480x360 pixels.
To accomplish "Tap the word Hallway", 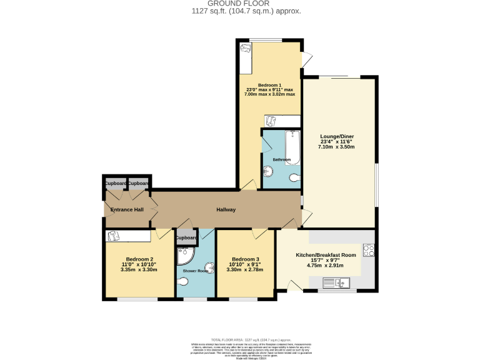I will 226,209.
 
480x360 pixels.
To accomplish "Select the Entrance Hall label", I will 127,209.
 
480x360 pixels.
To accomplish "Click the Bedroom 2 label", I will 139,259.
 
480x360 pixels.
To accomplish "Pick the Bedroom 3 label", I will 245,259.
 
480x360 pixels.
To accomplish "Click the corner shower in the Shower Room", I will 185,256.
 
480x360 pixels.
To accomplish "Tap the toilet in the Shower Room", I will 183,282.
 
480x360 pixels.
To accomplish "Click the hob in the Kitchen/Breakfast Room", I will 368,251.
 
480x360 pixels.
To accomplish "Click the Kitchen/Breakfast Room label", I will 326,255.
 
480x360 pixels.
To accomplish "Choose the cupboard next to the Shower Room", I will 186,238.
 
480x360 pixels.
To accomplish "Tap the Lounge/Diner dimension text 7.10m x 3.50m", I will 337,147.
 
